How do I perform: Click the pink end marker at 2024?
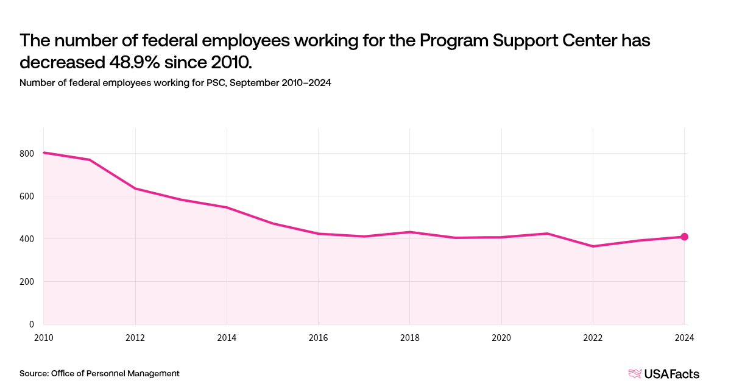coord(684,237)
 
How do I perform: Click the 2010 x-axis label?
coord(44,337)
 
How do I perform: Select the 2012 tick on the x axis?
coord(135,337)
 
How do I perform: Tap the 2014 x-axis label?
coord(227,337)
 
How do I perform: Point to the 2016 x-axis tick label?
coord(318,337)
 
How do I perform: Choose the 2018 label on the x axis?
coord(410,337)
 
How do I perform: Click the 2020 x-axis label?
coord(501,337)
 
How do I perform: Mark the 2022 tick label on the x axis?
coord(593,337)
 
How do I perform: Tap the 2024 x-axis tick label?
coord(684,337)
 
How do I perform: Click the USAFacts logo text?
coord(672,374)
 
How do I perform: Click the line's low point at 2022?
coord(593,246)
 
